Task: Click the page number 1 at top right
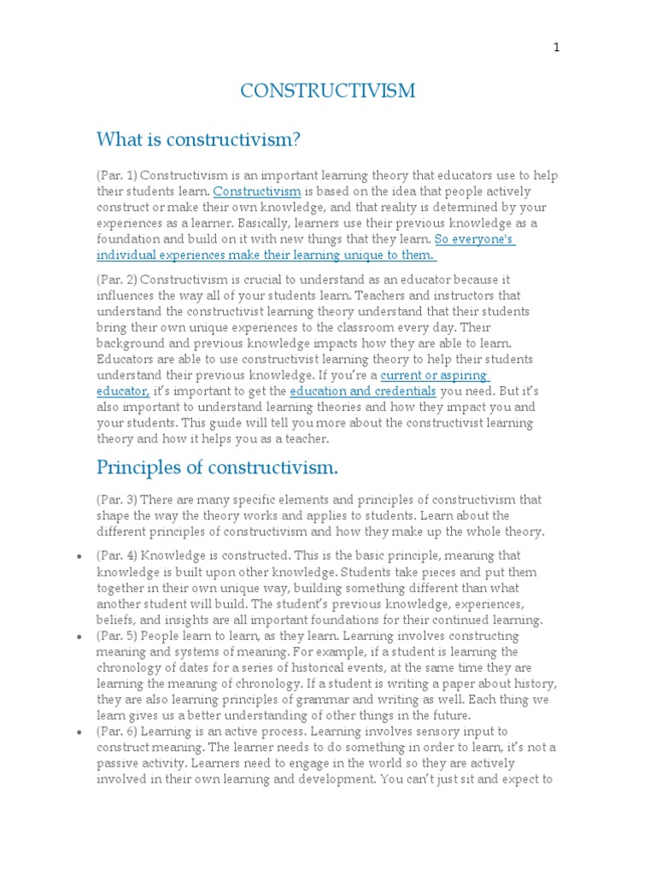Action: [x=556, y=48]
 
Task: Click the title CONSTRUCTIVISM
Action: [x=328, y=91]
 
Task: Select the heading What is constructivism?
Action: [x=199, y=139]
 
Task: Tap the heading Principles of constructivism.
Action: [x=217, y=467]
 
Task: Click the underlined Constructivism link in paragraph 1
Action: [x=256, y=191]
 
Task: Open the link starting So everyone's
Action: [x=474, y=239]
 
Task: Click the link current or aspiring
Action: [x=434, y=375]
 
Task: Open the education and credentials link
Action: [x=363, y=391]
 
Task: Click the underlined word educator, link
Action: [x=123, y=391]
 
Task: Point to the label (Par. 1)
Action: [x=116, y=175]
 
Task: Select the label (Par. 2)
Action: [x=116, y=279]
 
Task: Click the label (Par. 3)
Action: [x=116, y=499]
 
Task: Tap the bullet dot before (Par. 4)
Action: [x=79, y=556]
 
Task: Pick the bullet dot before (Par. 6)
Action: [x=79, y=732]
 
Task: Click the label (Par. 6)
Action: [x=116, y=731]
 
